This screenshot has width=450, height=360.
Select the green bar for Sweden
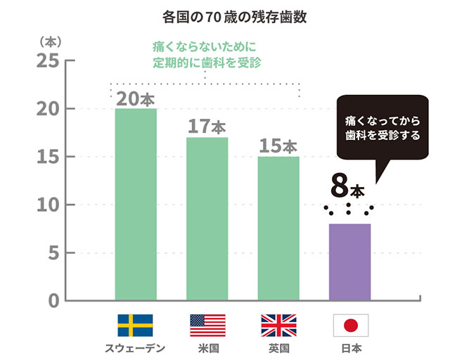click(136, 205)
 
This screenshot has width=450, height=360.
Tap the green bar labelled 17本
click(207, 219)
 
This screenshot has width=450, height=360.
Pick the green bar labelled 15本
click(278, 229)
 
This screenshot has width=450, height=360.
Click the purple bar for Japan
click(349, 262)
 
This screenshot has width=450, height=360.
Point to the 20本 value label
click(136, 99)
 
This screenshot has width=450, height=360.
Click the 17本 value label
click(207, 127)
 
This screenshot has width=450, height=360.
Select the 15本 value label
click(278, 146)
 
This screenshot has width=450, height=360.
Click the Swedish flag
click(136, 326)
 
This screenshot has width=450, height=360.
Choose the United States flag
click(207, 326)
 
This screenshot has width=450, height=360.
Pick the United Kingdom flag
click(278, 326)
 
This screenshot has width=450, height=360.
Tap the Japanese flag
click(350, 326)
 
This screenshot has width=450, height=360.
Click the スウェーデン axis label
click(136, 348)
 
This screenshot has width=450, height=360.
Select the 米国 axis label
click(207, 348)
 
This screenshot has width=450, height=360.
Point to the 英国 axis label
click(278, 348)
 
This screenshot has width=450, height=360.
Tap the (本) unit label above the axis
click(50, 42)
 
